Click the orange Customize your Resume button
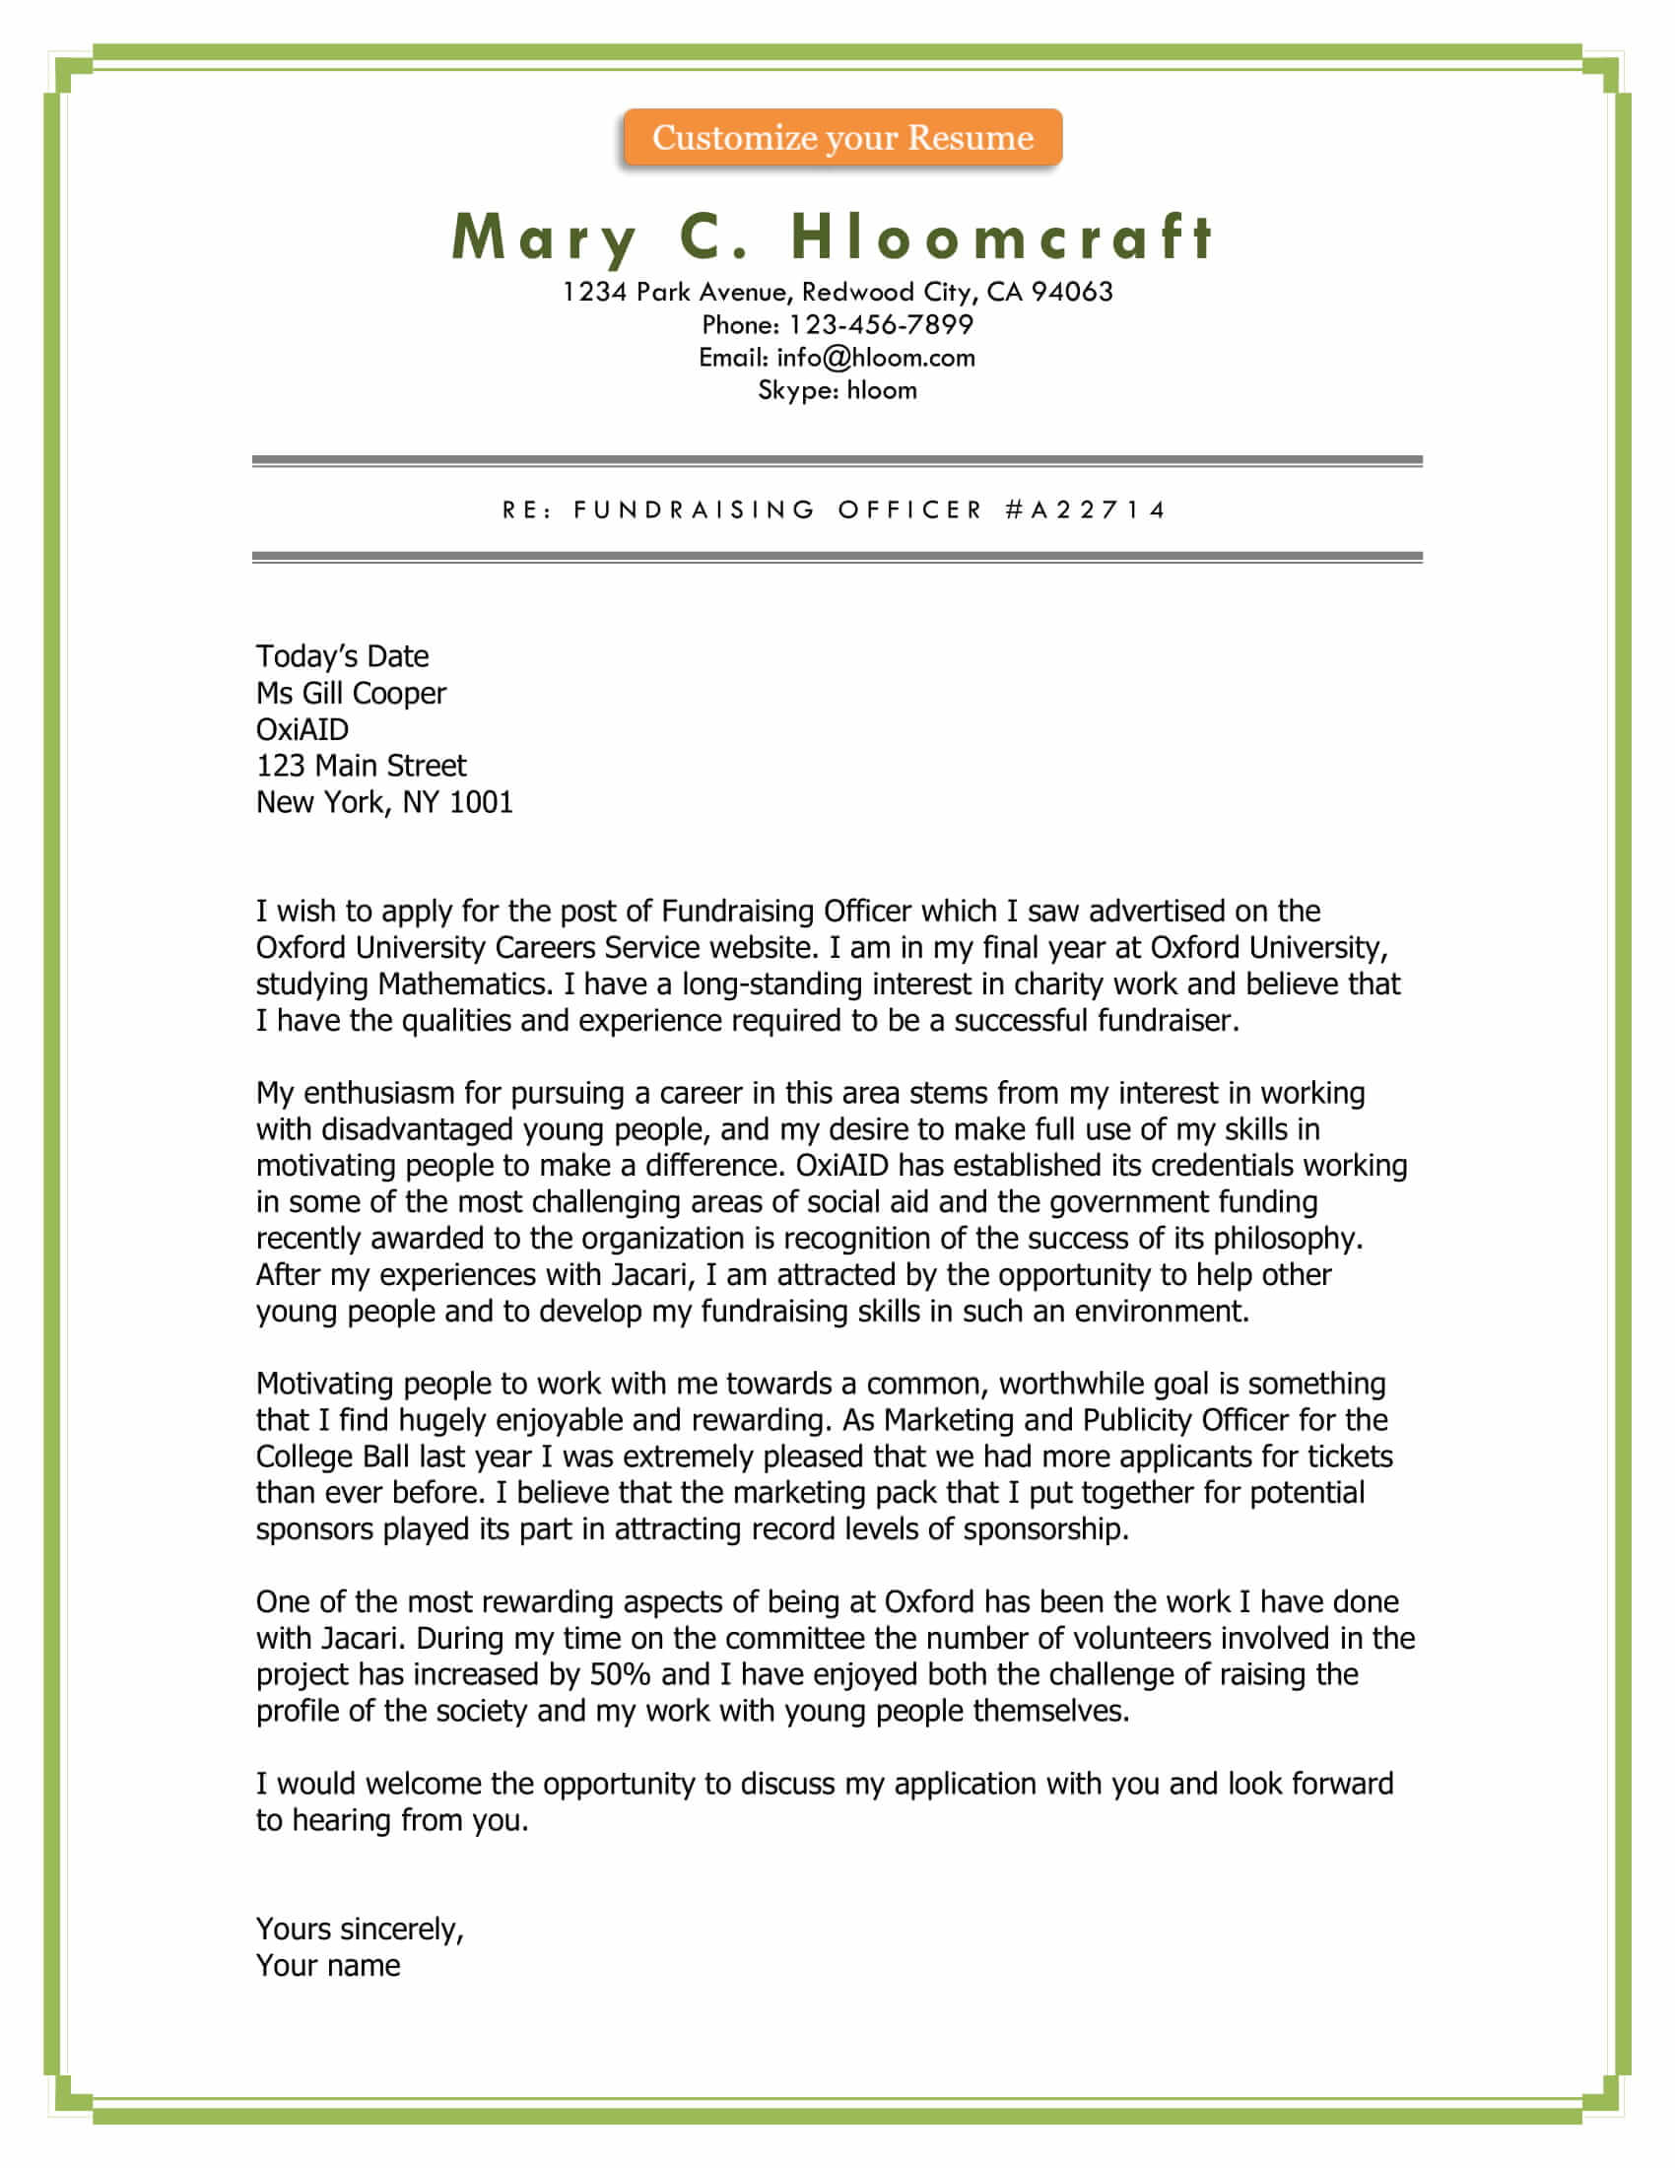click(842, 137)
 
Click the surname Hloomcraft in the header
click(1002, 237)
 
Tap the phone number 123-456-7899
click(880, 324)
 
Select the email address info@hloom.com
click(875, 358)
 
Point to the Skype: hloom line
click(837, 390)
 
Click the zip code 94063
click(1072, 292)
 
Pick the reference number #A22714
click(1086, 510)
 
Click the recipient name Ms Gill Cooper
click(352, 693)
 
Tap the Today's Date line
click(342, 656)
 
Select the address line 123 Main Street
click(362, 766)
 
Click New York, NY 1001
click(384, 802)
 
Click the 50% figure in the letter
click(619, 1673)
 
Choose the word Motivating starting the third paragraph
click(324, 1384)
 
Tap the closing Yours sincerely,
click(361, 1929)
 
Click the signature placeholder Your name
click(328, 1966)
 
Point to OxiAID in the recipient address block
click(302, 729)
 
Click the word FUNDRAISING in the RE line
click(695, 510)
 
